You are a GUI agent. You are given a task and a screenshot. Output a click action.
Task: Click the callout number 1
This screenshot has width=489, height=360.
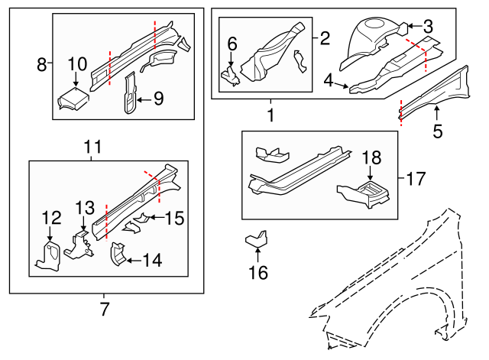[x=270, y=115]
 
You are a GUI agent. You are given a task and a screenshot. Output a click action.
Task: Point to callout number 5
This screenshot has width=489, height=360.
[x=438, y=131]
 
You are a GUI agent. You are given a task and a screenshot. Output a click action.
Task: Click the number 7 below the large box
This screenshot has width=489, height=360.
[x=105, y=310]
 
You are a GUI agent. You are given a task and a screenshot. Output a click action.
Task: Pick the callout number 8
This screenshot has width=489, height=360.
[x=42, y=65]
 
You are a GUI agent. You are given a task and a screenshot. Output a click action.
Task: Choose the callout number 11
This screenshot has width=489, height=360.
[x=92, y=146]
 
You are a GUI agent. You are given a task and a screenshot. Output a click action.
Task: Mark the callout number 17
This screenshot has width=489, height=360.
[x=415, y=180]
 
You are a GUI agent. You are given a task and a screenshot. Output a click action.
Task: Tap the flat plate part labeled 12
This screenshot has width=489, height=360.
[x=49, y=256]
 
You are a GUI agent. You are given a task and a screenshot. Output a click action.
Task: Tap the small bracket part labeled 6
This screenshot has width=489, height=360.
[x=229, y=73]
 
